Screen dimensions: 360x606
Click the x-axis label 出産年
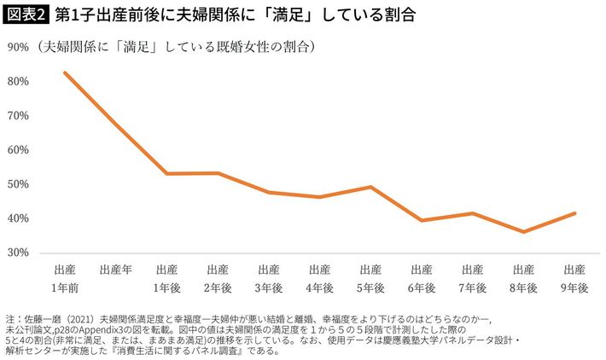pos(115,270)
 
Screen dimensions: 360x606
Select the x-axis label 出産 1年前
pos(65,279)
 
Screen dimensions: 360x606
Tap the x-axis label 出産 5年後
pos(370,279)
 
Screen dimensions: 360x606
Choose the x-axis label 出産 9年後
pos(573,279)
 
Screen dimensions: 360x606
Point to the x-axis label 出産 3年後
pos(268,279)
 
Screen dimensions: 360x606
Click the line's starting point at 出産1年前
pos(65,73)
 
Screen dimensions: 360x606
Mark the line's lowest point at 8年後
pos(522,231)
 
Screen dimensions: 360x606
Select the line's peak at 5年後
pos(370,187)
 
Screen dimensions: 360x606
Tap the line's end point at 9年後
pos(574,213)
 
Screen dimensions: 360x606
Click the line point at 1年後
pos(166,174)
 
